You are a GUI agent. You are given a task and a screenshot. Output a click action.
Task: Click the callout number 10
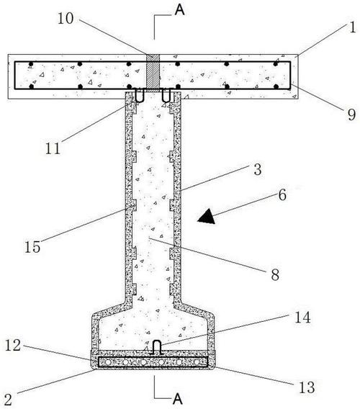click(x=66, y=18)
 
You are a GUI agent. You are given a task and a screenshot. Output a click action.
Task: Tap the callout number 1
click(x=352, y=27)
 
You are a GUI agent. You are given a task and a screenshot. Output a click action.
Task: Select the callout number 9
click(x=351, y=114)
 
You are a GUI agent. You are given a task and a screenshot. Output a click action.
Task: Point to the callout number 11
click(x=53, y=148)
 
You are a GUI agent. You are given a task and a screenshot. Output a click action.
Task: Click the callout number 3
click(x=258, y=169)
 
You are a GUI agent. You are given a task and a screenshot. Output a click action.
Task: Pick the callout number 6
click(x=282, y=195)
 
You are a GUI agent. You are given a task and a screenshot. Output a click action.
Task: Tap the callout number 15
click(x=32, y=246)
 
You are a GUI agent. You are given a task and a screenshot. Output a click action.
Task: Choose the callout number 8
click(x=275, y=274)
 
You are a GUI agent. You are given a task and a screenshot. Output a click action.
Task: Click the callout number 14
click(x=302, y=318)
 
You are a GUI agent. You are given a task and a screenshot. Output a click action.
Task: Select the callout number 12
click(x=13, y=346)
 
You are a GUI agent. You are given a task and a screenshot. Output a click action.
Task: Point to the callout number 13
click(x=307, y=387)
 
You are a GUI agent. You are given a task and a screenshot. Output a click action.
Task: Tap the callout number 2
click(x=8, y=400)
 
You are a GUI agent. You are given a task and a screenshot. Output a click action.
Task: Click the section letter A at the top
click(x=179, y=10)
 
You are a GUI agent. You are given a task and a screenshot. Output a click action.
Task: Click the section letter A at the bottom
click(x=177, y=399)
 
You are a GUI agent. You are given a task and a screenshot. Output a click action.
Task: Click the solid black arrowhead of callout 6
click(x=207, y=216)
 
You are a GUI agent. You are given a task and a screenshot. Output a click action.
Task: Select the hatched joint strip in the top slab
click(x=153, y=73)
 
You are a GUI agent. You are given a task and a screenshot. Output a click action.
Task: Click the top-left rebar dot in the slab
click(x=31, y=64)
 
